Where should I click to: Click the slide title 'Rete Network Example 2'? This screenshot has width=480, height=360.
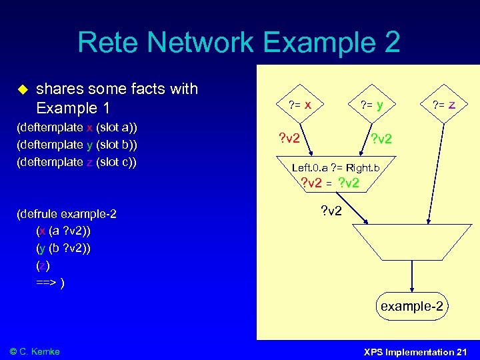tap(239, 42)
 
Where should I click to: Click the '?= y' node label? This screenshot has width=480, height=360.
tap(371, 104)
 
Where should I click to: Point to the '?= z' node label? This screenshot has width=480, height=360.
tap(444, 104)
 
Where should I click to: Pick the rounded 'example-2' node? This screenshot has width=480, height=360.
tap(411, 307)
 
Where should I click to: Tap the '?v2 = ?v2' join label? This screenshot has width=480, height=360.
tap(330, 183)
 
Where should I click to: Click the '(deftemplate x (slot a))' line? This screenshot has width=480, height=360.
tap(79, 127)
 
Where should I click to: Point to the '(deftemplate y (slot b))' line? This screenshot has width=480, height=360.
tap(79, 145)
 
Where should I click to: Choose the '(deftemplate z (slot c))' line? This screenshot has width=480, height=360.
tap(79, 162)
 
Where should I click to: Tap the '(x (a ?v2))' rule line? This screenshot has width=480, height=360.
tap(64, 231)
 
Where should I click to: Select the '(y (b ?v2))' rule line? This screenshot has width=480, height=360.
tap(64, 249)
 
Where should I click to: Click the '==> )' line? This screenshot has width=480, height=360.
tap(51, 283)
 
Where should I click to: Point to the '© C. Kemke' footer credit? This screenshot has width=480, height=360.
tap(35, 351)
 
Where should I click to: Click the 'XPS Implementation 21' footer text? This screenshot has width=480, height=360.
tap(415, 351)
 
